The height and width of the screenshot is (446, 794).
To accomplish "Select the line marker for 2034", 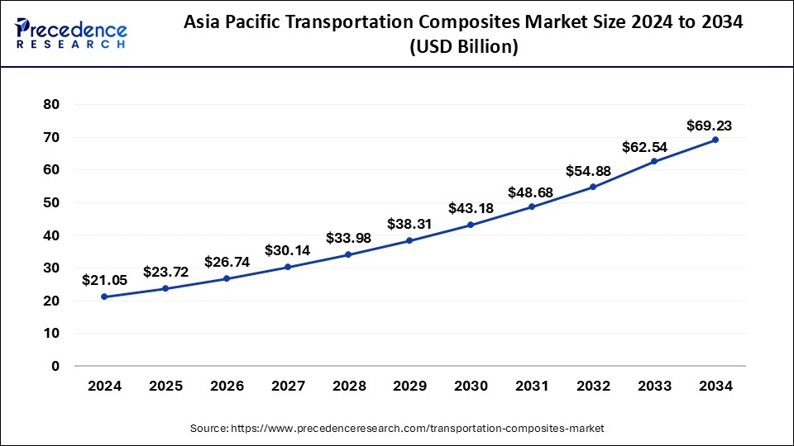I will (x=715, y=140).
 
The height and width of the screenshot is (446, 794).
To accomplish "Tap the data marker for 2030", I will (x=471, y=225).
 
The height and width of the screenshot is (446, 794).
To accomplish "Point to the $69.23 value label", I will (x=709, y=126).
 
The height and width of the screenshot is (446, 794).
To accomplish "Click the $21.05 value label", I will (x=103, y=281).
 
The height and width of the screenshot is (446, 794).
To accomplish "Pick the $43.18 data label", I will (x=471, y=209).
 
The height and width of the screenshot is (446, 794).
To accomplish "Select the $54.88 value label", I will (x=593, y=171).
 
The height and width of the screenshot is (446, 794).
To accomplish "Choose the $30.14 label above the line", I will (x=287, y=250).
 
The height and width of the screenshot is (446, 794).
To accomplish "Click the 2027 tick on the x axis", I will (x=287, y=385).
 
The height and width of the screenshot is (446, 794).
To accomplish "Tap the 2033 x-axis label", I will (x=654, y=385).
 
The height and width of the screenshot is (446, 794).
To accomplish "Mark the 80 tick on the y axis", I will (x=52, y=105).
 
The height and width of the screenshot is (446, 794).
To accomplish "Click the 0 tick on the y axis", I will (x=56, y=366).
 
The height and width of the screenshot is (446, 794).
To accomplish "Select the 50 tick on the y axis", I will (x=52, y=203).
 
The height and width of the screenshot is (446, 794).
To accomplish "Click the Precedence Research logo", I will (x=71, y=33).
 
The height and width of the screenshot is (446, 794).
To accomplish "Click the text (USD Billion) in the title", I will (x=464, y=48).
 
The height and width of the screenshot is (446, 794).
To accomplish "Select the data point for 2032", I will (x=593, y=187).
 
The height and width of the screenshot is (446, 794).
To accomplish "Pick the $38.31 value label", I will (x=409, y=225).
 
